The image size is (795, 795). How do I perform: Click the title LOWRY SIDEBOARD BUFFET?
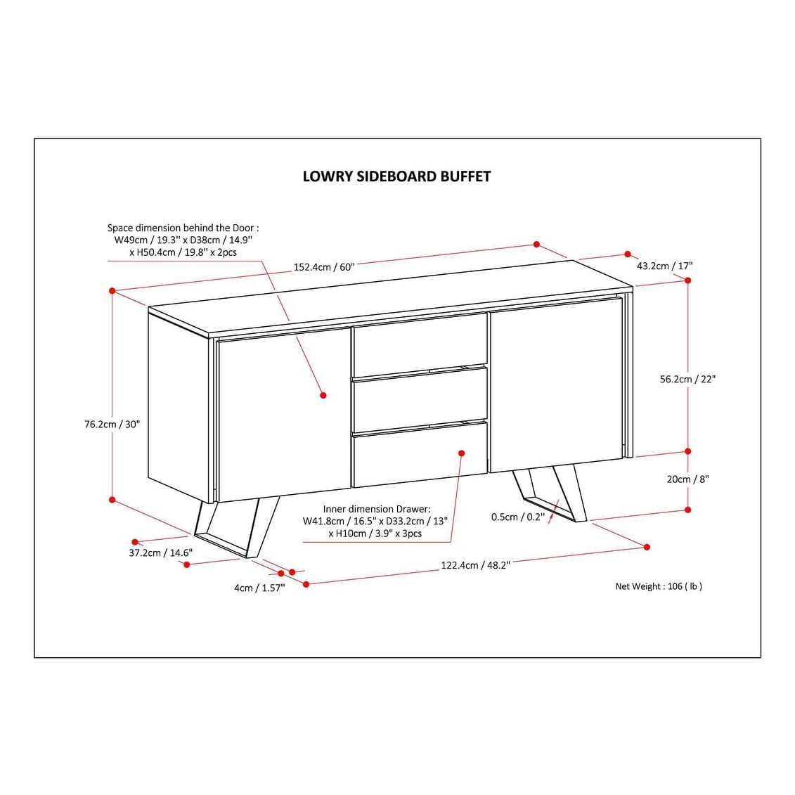click(396, 176)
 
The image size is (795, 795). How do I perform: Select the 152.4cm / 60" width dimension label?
click(323, 267)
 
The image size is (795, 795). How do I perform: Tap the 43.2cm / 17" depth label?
click(664, 266)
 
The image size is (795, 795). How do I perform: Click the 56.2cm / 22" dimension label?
click(687, 379)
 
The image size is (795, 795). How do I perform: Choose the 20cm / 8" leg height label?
click(687, 479)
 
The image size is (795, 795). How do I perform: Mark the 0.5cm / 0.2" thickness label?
click(517, 517)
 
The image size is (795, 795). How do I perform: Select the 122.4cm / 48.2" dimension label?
click(475, 564)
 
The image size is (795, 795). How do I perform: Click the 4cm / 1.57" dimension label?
click(259, 588)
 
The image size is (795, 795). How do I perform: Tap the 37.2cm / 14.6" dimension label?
click(160, 552)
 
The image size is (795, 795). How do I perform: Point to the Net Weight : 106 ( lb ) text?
click(658, 586)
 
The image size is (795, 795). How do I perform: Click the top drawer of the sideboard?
click(420, 344)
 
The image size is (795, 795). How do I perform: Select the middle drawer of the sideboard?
click(420, 399)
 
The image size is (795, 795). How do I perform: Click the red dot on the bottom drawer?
click(461, 453)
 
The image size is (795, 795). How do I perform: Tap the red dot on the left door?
click(323, 395)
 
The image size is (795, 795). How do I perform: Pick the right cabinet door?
click(555, 387)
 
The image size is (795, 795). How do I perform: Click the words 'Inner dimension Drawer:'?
click(376, 509)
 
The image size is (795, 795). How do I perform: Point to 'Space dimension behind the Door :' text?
click(183, 228)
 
